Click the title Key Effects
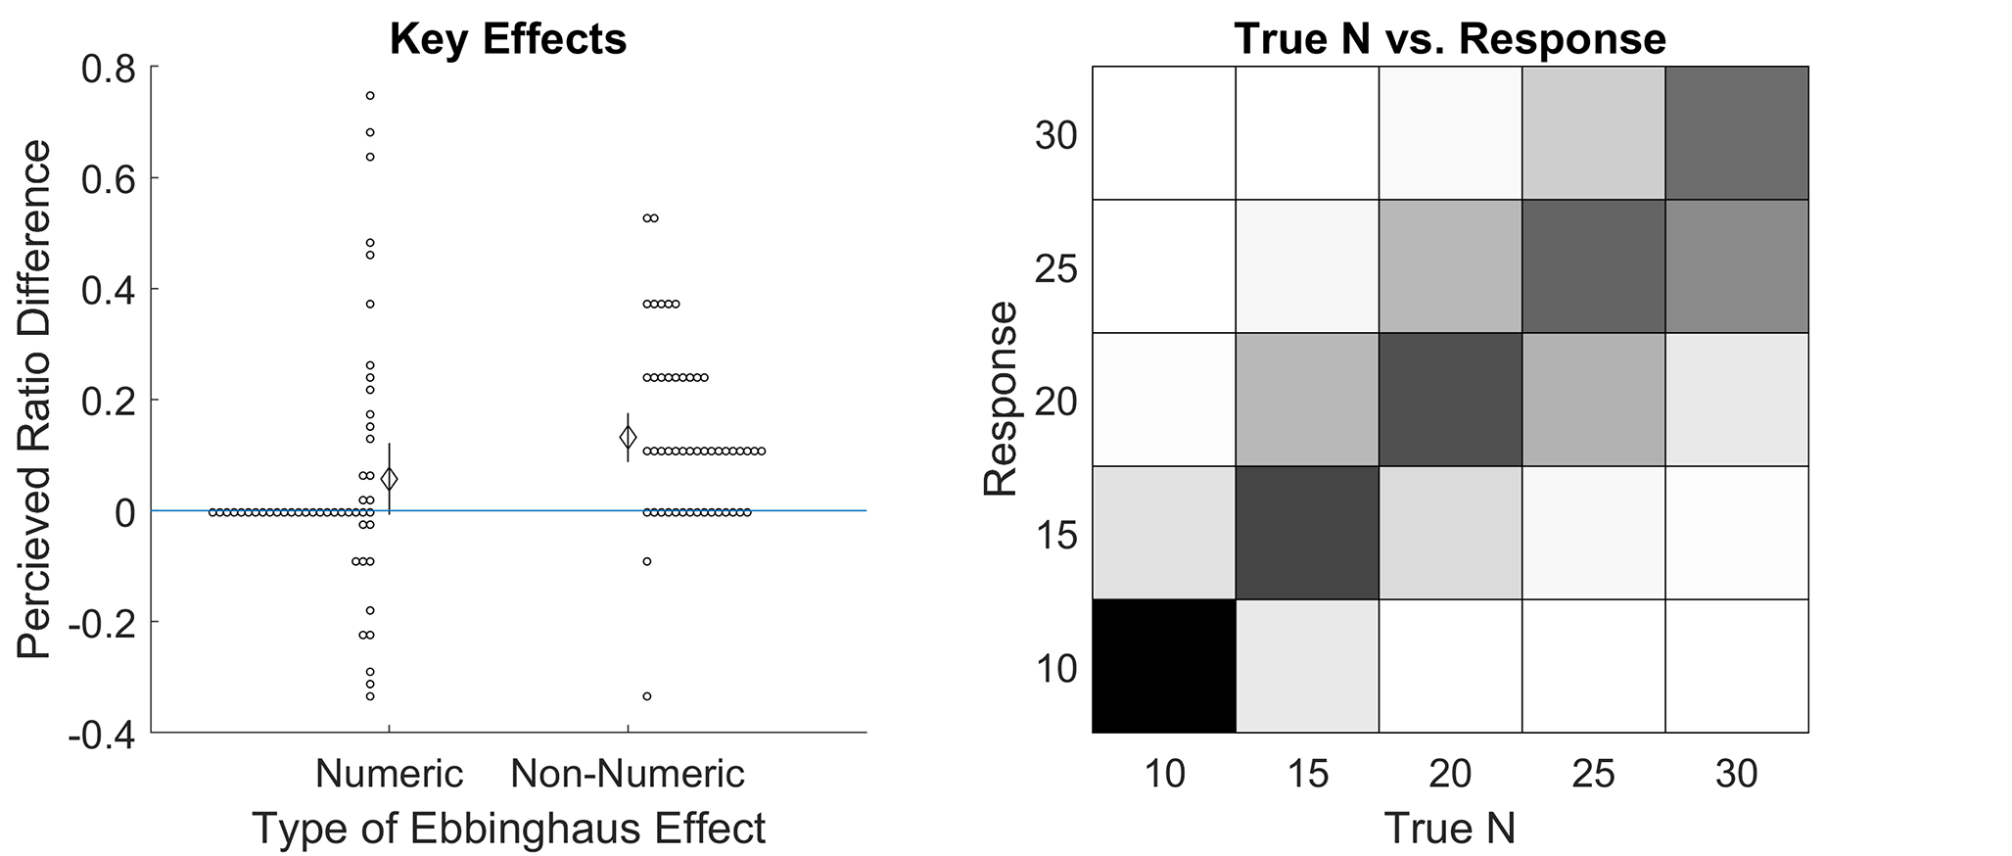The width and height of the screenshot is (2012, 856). [508, 39]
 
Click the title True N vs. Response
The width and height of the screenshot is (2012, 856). [1450, 39]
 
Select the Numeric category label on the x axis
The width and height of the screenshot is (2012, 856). [389, 774]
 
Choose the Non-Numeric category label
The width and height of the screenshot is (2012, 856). [628, 774]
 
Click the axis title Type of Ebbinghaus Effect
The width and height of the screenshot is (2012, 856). [509, 828]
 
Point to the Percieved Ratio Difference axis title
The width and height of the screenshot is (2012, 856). [34, 399]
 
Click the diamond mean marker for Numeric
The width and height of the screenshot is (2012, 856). [390, 479]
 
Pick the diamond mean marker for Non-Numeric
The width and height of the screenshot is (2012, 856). [628, 437]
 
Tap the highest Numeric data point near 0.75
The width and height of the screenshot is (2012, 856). [370, 96]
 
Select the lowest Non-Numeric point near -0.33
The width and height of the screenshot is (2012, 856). [647, 696]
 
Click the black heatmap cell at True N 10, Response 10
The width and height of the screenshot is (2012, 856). [1164, 666]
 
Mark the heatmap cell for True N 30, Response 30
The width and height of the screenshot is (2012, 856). [1737, 133]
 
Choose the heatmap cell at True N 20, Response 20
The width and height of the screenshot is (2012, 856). [1450, 400]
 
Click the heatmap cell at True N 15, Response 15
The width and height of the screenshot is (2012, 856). [1307, 533]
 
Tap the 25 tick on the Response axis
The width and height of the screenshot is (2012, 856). [1056, 267]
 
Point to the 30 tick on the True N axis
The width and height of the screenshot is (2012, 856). [1737, 774]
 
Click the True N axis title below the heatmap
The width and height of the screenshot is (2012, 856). [1450, 828]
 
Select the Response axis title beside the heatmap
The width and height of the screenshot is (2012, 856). [1001, 400]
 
